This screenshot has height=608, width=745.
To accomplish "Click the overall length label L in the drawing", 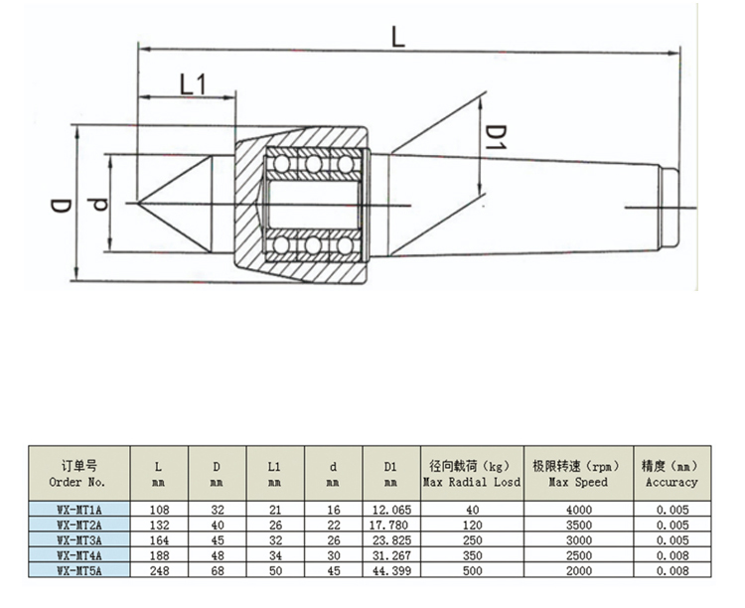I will pos(397,37).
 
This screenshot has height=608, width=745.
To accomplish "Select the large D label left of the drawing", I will pos(61,206).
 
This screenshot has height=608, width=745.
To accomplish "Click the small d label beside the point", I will pos(96,206).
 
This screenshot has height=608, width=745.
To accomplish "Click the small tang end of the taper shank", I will pos(670,207).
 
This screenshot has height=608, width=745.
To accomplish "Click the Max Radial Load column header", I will pos(472,473).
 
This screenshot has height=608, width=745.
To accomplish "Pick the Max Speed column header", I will pos(578,473).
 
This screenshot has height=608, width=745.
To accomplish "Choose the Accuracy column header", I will pos(671,473).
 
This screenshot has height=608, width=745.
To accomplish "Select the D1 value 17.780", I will pos(389,525).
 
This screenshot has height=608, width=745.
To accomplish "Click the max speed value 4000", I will pos(578,510).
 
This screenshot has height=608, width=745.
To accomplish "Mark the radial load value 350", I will pos(472,554).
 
